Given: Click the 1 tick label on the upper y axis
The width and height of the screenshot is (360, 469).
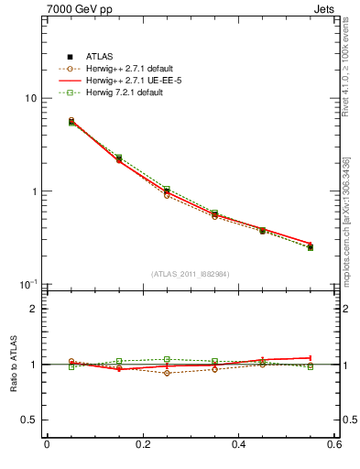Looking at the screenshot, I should click(34, 191).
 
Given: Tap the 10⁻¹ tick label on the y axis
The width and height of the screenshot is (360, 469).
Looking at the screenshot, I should click(28, 284).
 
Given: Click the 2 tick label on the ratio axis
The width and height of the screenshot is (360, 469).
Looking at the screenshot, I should click(34, 310).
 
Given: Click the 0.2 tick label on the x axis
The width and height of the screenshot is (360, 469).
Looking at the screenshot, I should click(142, 446).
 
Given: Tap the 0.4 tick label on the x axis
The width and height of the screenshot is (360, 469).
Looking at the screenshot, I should click(239, 446).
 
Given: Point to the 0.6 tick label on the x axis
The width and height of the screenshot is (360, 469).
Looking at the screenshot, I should click(333, 446).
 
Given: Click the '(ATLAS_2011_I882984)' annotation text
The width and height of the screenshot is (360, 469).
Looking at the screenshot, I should click(190, 274).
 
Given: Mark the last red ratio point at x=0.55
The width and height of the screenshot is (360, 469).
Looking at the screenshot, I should click(311, 357).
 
